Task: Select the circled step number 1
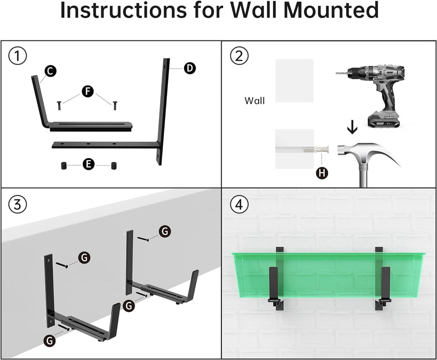17,56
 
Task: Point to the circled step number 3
17,204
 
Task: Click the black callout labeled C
50,71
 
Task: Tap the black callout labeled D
190,68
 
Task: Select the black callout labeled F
88,91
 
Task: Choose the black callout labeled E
89,164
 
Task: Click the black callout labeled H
322,173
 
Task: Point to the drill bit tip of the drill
337,73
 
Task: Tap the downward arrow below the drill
352,128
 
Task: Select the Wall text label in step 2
254,100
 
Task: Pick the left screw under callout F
59,105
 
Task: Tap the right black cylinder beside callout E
114,166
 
